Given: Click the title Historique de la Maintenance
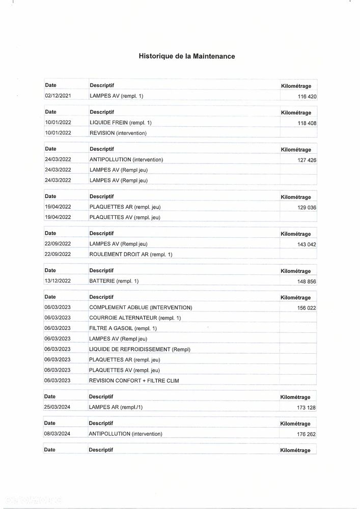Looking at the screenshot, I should coord(187,56).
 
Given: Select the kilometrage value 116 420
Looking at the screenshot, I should coord(307,96).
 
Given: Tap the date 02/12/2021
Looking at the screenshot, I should coord(58,96).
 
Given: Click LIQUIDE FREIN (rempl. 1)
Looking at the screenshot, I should coord(120,123).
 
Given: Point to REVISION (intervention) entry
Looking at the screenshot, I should coord(118,133).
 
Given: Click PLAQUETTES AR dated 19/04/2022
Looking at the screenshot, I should coord(125,207).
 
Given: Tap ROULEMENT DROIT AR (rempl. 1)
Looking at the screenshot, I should coord(131,254).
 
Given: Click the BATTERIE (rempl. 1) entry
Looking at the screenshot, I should coord(114,281).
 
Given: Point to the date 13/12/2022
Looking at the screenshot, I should coord(58,281).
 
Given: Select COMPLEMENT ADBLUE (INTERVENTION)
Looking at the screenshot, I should coord(141,307).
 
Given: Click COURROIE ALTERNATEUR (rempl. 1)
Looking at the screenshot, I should coord(135,318).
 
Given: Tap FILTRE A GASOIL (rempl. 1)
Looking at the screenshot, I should coord(123,328).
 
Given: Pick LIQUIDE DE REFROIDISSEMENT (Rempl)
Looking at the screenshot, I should coord(139,349).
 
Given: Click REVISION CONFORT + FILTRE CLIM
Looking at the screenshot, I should coord(134,380).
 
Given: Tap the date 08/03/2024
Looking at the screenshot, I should coord(58,434).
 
